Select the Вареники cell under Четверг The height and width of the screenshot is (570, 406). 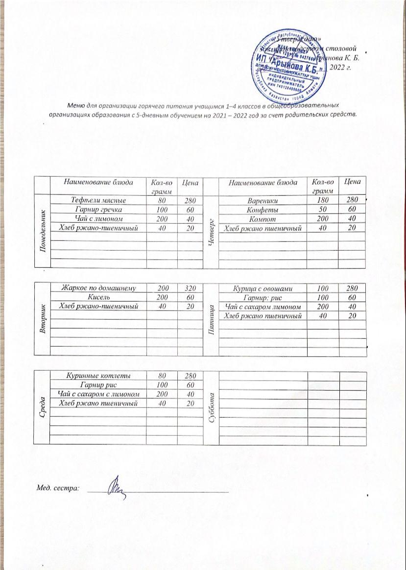point(263,200)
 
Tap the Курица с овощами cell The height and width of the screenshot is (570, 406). point(263,288)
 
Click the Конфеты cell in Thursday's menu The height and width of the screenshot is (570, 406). point(263,210)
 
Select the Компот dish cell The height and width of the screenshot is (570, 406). point(263,219)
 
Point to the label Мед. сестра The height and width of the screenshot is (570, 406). point(58,488)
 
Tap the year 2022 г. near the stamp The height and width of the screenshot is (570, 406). point(339,68)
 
